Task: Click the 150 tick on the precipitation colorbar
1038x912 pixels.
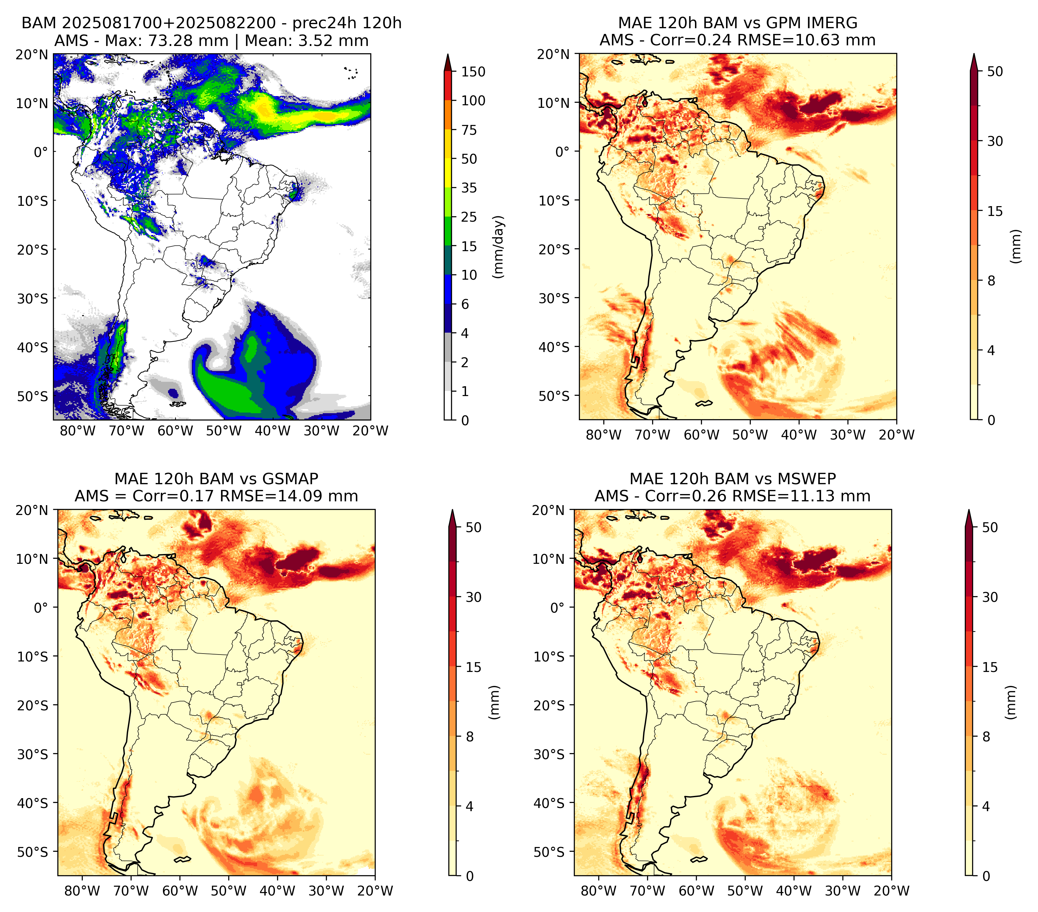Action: (x=473, y=72)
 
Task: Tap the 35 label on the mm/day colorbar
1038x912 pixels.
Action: (x=469, y=188)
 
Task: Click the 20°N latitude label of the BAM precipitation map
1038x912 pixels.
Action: (x=32, y=54)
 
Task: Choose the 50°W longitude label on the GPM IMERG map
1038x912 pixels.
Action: (x=750, y=435)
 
